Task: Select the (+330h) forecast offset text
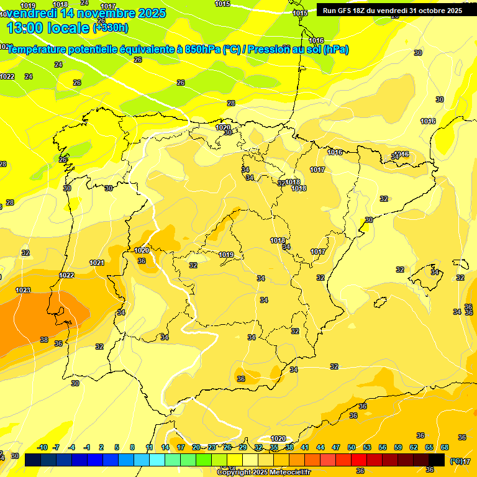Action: click(x=111, y=28)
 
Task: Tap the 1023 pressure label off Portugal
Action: click(x=23, y=290)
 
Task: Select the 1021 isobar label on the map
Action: click(x=97, y=263)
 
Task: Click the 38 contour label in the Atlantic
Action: click(x=44, y=340)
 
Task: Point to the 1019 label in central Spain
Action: click(x=226, y=255)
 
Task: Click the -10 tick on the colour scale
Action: click(x=43, y=447)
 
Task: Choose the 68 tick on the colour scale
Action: click(x=445, y=447)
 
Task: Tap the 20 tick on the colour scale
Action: click(x=196, y=447)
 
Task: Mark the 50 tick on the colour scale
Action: click(x=352, y=447)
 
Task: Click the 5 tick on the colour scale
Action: click(x=117, y=447)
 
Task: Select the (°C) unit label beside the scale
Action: click(x=455, y=461)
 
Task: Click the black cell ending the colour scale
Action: click(x=437, y=460)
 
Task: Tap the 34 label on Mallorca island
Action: click(x=435, y=272)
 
